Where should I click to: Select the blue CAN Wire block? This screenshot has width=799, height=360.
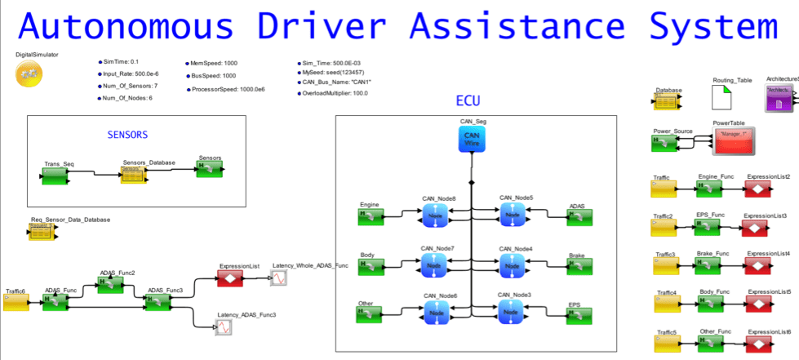coord(471,139)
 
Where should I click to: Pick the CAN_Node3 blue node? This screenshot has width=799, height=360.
coord(513,310)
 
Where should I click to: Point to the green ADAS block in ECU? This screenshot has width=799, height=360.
coord(580,217)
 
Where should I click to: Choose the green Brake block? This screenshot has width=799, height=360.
coord(580,264)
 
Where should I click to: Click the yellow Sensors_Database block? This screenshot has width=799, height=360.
coord(133,174)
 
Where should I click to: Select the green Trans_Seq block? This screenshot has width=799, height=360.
coord(56,174)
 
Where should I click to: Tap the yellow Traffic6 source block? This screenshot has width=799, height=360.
coord(16,303)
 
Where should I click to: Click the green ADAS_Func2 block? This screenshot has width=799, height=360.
coord(110,284)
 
